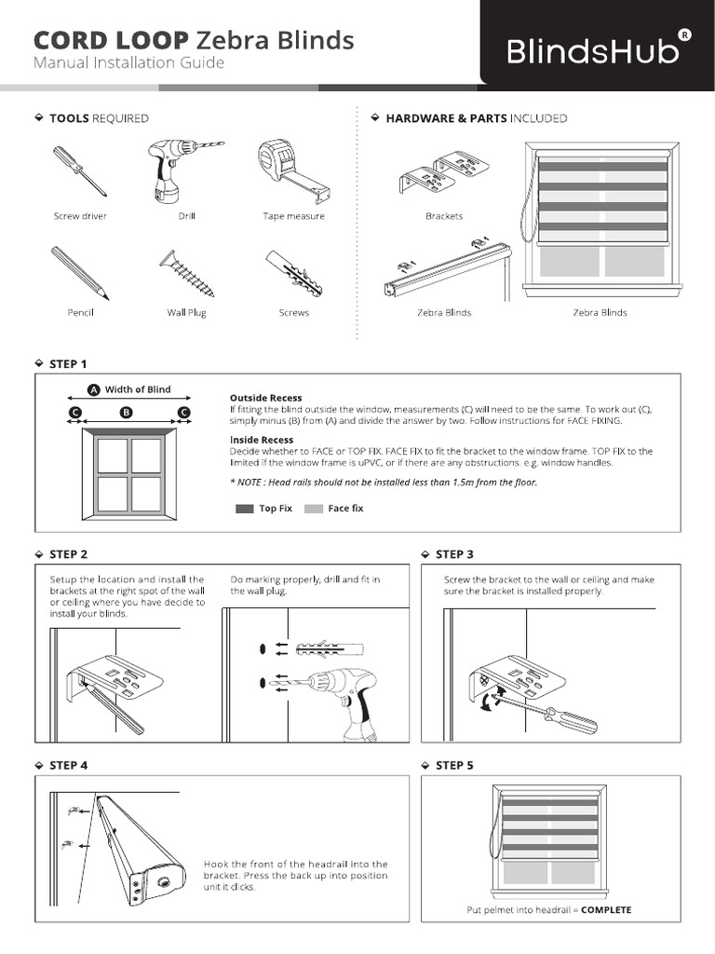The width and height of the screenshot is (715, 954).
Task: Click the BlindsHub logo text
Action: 594,52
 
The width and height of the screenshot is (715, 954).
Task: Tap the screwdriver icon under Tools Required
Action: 79,171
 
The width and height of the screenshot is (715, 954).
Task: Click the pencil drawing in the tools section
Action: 80,272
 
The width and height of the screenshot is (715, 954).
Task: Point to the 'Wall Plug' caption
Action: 186,313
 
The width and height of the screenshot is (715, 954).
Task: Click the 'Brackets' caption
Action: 444,216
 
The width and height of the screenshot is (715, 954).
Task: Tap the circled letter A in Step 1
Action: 94,390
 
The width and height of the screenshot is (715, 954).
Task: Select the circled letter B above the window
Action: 127,412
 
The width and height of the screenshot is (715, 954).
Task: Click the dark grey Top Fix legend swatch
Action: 245,509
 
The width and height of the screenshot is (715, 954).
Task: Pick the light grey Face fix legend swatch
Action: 314,509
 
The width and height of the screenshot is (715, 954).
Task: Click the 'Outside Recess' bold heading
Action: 266,398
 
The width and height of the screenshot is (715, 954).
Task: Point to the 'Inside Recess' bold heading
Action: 262,440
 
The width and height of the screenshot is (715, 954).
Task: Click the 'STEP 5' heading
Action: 454,765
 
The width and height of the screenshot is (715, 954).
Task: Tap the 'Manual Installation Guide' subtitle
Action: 128,63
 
